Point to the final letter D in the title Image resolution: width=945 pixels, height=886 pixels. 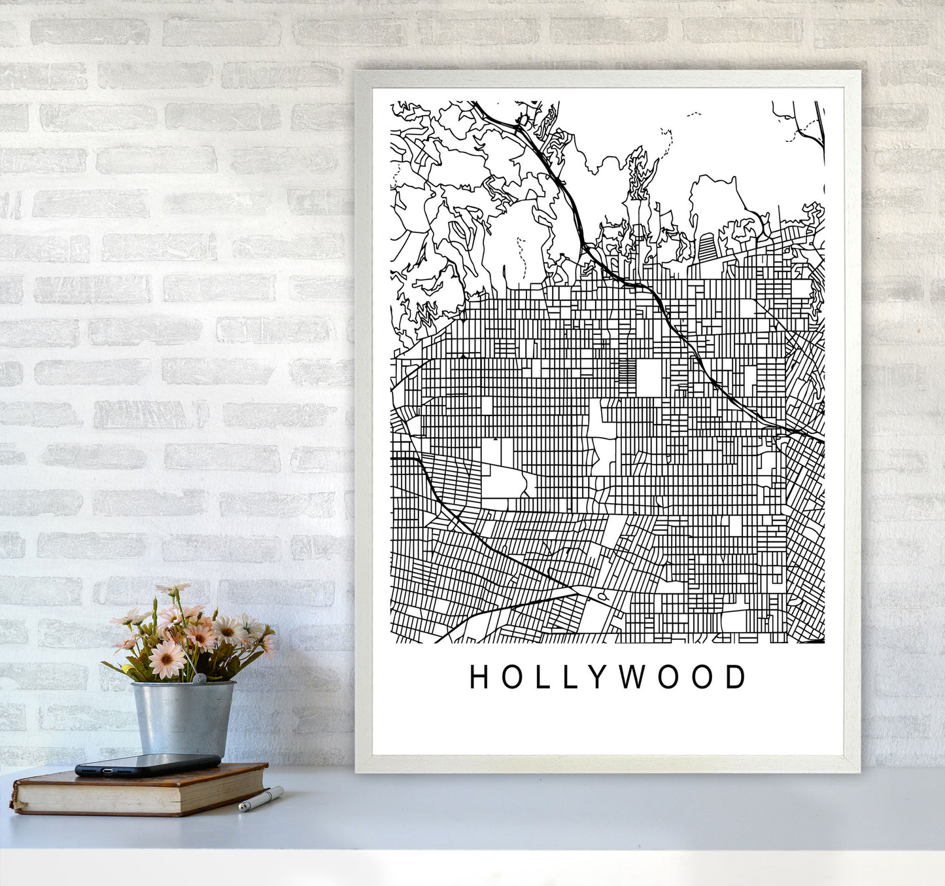(x=736, y=677)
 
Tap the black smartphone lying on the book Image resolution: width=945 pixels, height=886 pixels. (x=147, y=764)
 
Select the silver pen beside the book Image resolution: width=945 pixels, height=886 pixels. (x=262, y=799)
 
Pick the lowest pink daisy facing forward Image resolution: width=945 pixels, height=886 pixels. (x=167, y=660)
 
